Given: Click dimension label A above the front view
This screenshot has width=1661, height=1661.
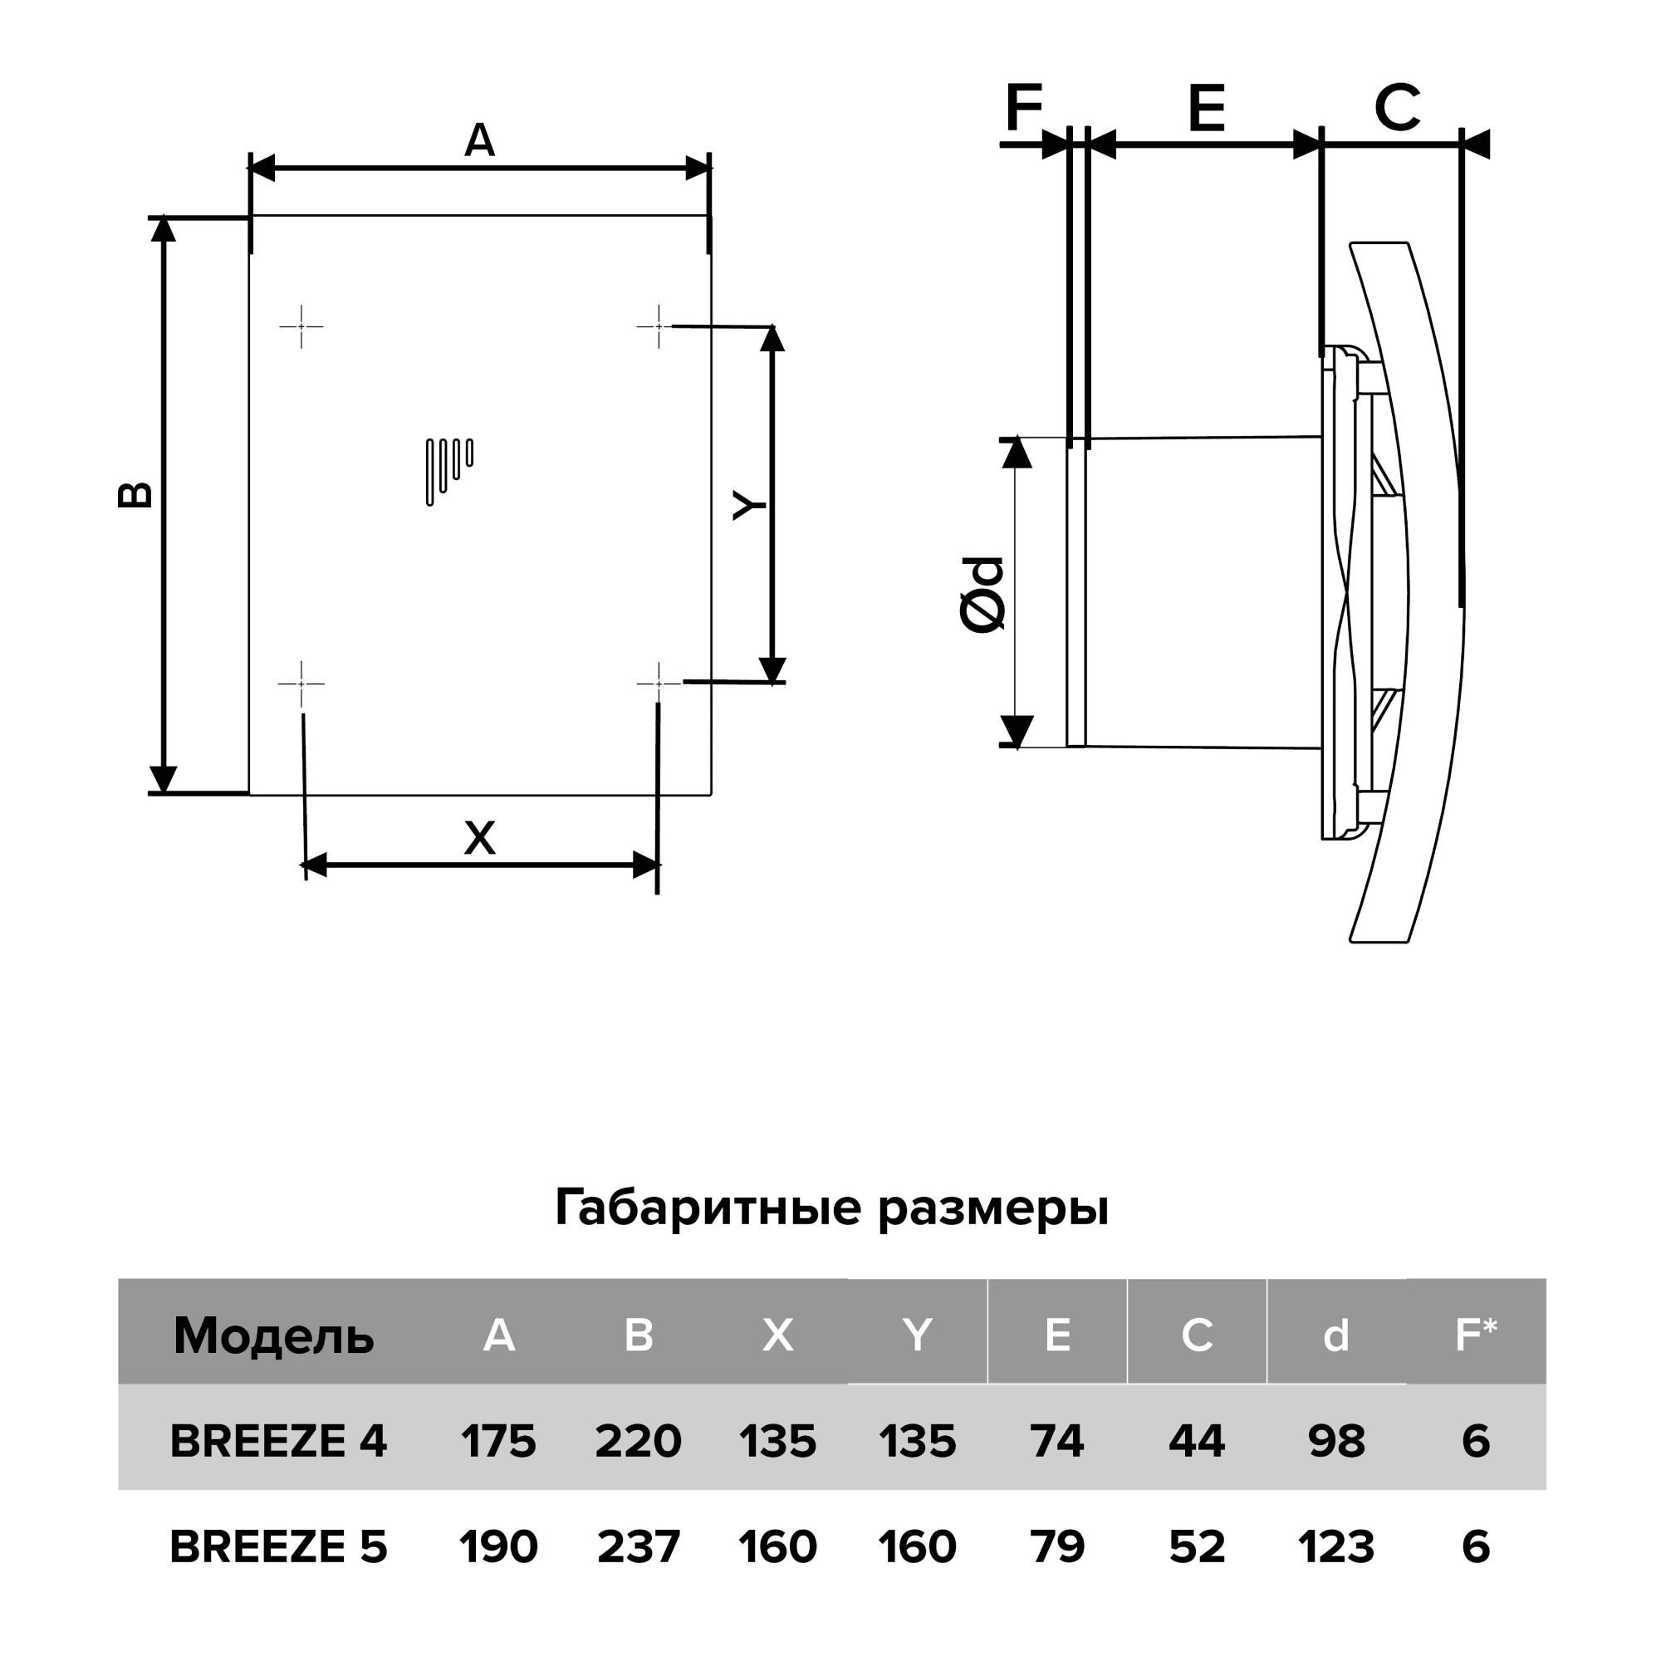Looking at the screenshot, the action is (480, 140).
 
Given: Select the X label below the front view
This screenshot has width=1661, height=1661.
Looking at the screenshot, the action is (480, 838).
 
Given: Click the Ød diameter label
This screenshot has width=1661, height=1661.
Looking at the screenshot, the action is (982, 594).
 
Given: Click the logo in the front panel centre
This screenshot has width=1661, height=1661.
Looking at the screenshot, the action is (449, 471).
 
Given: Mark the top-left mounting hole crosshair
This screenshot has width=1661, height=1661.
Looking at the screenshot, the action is (301, 326).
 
